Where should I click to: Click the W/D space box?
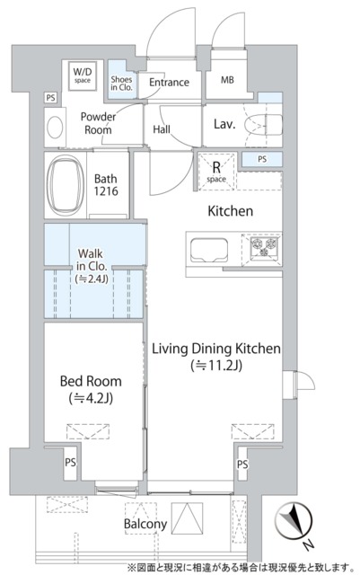point(83,76)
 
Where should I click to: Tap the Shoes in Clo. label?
point(121,84)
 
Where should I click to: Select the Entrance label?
point(169,82)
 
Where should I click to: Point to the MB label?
point(227,80)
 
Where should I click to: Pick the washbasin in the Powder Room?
point(55,128)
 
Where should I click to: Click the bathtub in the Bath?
point(66,185)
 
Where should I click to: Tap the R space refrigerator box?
point(216,172)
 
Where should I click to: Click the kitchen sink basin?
point(208,251)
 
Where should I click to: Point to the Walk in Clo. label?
point(91,266)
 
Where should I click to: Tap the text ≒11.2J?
point(216,366)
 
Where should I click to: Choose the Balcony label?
point(145,524)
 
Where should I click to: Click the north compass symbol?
point(294,521)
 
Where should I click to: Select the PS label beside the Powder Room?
point(50,98)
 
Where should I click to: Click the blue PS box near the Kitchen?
point(262,160)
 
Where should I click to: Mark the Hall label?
point(162,129)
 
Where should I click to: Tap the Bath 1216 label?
point(106,185)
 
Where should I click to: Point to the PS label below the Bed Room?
point(70,463)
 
